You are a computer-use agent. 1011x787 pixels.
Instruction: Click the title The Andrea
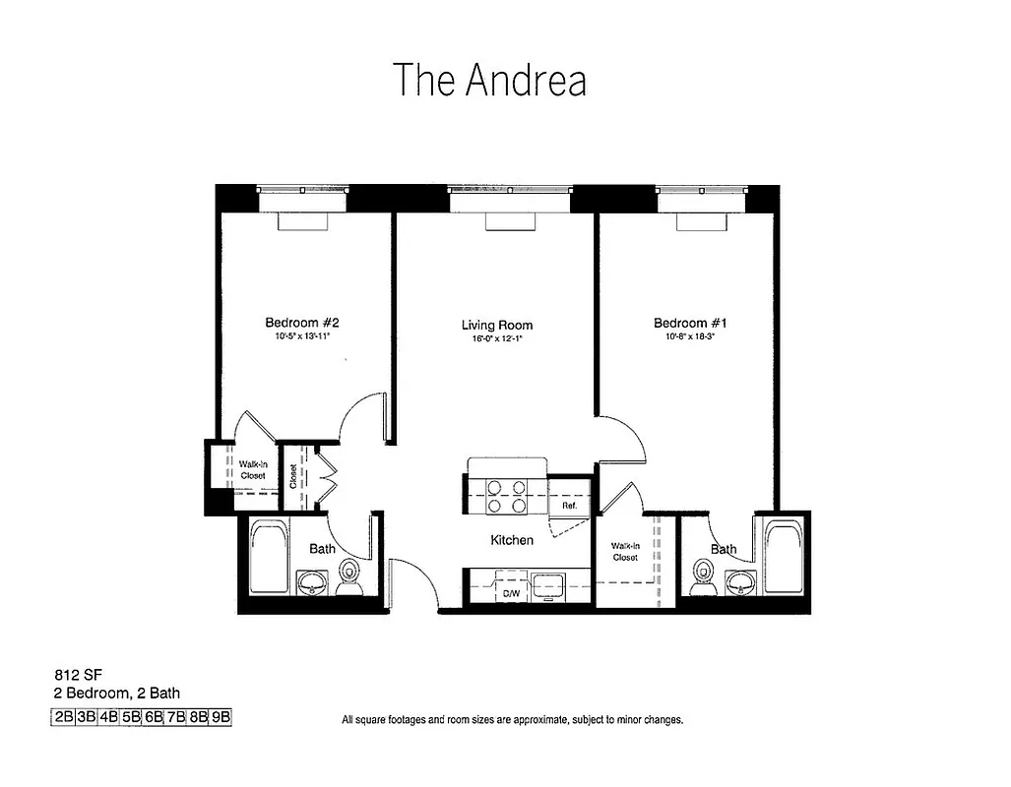click(x=489, y=81)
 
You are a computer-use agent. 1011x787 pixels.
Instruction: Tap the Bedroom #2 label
click(x=301, y=323)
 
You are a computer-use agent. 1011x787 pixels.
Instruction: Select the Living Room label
click(x=497, y=326)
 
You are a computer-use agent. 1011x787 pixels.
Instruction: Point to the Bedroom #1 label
click(x=689, y=323)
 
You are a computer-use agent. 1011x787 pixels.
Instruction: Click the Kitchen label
click(x=512, y=540)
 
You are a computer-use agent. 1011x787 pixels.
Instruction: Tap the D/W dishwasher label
click(x=511, y=594)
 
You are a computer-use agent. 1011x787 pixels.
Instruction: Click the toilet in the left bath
click(x=349, y=576)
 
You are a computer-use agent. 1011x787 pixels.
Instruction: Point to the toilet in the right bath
click(x=703, y=576)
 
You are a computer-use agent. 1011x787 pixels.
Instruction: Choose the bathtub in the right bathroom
click(x=784, y=557)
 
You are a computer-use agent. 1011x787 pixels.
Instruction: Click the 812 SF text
click(x=72, y=676)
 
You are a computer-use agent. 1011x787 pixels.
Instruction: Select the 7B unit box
click(x=176, y=717)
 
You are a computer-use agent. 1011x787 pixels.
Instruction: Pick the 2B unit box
click(x=63, y=717)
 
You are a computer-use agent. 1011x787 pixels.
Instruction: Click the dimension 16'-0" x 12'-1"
click(x=497, y=340)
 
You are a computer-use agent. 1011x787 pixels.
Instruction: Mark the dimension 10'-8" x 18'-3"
click(x=690, y=337)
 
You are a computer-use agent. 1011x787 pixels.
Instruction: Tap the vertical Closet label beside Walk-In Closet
click(x=294, y=476)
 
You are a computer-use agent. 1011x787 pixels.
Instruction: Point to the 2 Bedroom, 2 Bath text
click(x=116, y=694)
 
